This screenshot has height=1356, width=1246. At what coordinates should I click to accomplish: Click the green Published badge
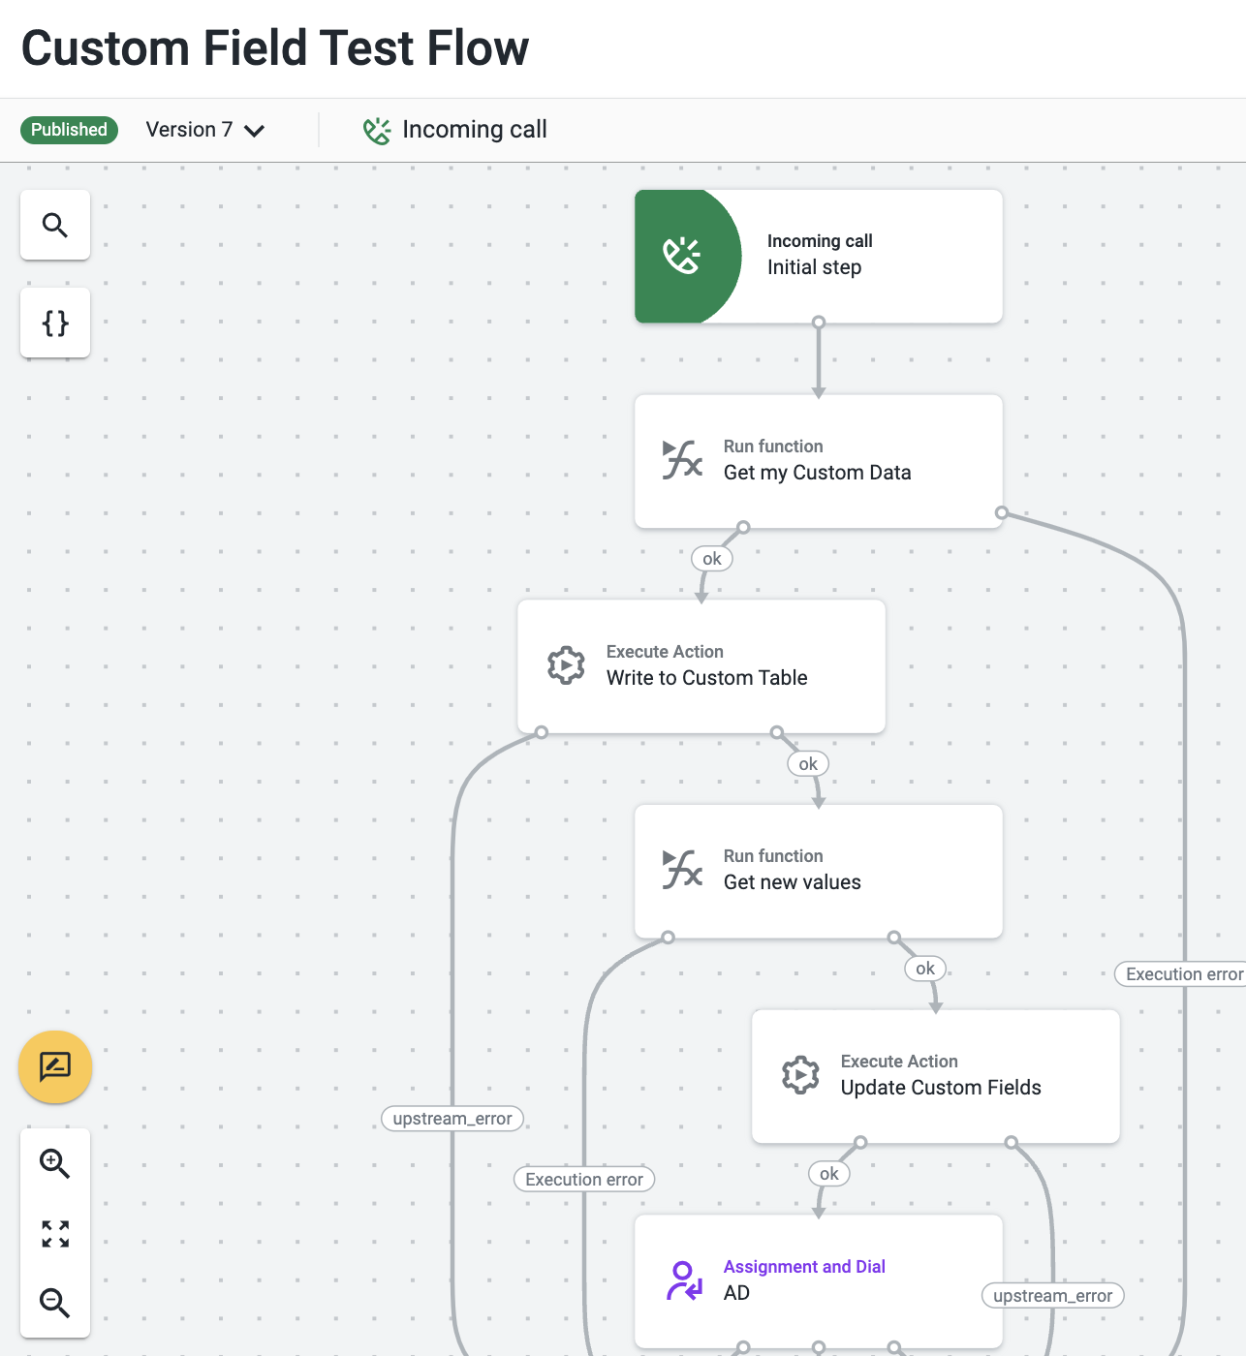pyautogui.click(x=69, y=130)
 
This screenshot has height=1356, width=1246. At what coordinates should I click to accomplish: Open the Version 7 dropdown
pyautogui.click(x=205, y=130)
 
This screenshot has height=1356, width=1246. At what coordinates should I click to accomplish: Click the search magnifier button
pyautogui.click(x=55, y=225)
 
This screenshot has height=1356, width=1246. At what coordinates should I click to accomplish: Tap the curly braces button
pyautogui.click(x=55, y=324)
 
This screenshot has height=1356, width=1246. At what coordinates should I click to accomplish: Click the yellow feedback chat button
pyautogui.click(x=55, y=1067)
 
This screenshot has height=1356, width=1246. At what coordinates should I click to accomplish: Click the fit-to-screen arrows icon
pyautogui.click(x=55, y=1234)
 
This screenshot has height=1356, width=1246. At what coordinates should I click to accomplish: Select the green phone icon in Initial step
pyautogui.click(x=681, y=256)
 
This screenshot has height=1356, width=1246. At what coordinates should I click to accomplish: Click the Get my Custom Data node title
pyautogui.click(x=817, y=473)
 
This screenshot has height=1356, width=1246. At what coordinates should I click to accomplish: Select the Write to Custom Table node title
pyautogui.click(x=707, y=677)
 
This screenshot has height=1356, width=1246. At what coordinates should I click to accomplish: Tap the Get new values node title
pyautogui.click(x=793, y=882)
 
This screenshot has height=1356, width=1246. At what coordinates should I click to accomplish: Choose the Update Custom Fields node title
pyautogui.click(x=941, y=1087)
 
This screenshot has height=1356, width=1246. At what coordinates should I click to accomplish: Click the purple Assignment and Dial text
pyautogui.click(x=804, y=1266)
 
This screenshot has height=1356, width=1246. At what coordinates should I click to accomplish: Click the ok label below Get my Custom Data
pyautogui.click(x=711, y=559)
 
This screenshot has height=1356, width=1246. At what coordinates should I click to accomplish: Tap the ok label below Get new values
pyautogui.click(x=925, y=969)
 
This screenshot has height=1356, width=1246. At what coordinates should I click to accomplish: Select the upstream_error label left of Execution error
pyautogui.click(x=452, y=1119)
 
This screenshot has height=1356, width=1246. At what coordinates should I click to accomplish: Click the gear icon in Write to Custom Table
pyautogui.click(x=566, y=665)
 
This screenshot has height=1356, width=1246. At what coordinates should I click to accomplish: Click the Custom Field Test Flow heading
pyautogui.click(x=275, y=48)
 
